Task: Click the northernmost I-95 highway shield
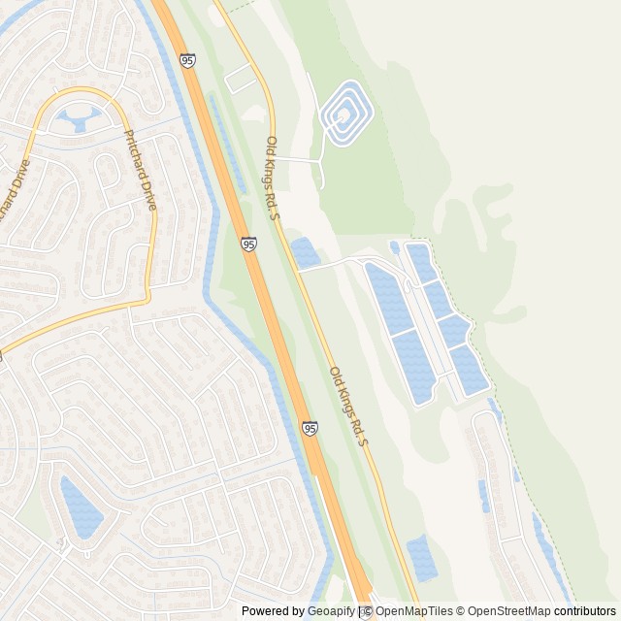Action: coord(187,60)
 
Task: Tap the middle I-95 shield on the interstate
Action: coord(249,245)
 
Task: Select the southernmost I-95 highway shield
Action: coord(310,428)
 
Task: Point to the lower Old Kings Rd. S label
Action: coord(349,406)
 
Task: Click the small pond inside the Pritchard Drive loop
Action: coord(76,120)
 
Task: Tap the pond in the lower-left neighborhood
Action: coord(80,507)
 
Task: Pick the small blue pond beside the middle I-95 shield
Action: coord(306,253)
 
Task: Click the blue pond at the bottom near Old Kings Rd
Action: coord(421,557)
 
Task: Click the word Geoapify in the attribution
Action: coord(331,611)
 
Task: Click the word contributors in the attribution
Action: coord(585,611)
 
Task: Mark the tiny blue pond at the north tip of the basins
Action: coord(394,246)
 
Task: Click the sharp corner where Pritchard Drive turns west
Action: coord(147,300)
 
